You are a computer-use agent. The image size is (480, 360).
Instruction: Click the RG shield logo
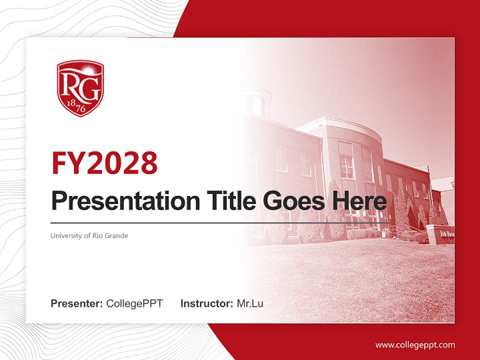pos(80,88)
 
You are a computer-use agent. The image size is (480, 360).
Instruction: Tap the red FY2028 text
pos(104,163)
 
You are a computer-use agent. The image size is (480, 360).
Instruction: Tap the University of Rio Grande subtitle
pos(89,235)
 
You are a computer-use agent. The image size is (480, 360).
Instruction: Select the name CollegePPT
pos(134,303)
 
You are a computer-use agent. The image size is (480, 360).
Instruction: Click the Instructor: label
pos(206,303)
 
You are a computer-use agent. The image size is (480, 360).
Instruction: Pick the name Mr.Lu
pos(250,303)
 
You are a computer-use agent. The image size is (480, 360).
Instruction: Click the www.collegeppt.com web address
pos(415,345)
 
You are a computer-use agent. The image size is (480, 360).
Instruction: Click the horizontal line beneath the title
pos(220,223)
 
